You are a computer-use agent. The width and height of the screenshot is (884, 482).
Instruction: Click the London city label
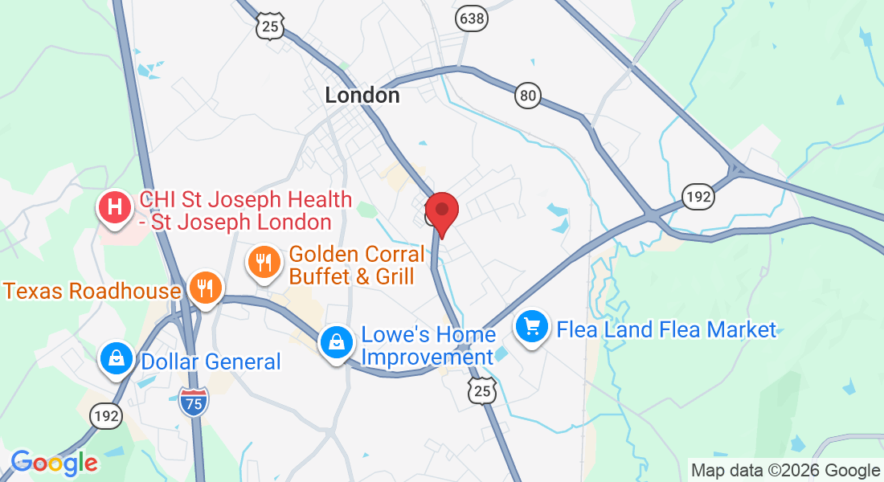click(x=362, y=95)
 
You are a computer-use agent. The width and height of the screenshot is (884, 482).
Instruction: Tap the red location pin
click(x=441, y=211)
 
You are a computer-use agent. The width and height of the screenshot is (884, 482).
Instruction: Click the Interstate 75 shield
click(x=194, y=402)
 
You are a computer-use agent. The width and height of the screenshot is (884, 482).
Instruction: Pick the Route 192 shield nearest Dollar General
click(x=106, y=415)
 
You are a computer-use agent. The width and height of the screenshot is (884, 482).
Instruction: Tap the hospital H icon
click(x=115, y=206)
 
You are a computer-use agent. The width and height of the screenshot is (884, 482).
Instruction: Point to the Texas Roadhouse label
click(x=92, y=290)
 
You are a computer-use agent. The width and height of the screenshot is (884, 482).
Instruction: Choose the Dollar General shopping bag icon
click(x=117, y=358)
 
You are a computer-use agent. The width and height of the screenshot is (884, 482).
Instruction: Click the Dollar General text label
click(x=211, y=361)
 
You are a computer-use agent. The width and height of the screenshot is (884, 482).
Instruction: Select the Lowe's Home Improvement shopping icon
click(x=337, y=342)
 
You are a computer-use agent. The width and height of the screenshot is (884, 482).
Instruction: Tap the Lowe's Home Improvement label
click(x=428, y=345)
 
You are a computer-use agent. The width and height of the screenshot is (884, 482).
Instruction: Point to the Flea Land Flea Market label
click(x=666, y=329)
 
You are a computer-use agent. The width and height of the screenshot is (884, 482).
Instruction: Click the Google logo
click(x=54, y=463)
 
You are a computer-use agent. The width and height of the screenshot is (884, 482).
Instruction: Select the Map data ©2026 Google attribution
click(x=785, y=471)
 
